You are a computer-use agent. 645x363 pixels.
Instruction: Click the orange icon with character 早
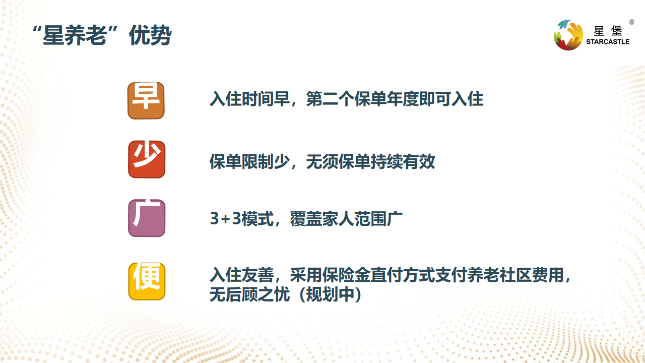[x=146, y=100]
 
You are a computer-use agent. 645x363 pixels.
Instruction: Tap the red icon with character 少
[x=147, y=159]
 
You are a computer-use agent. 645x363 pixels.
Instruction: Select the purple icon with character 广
[x=147, y=218]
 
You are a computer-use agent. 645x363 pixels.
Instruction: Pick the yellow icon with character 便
[x=147, y=281]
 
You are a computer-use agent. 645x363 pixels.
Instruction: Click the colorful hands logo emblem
[x=568, y=35]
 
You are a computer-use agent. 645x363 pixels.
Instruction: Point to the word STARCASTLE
[x=608, y=42]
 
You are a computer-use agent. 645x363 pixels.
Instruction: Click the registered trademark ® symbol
[x=631, y=22]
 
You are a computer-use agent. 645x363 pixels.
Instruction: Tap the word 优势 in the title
[x=150, y=35]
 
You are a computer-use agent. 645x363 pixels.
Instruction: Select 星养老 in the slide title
[x=75, y=35]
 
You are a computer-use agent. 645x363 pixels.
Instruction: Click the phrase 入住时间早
[x=249, y=99]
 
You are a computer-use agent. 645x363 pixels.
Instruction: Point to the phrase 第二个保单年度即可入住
[x=395, y=99]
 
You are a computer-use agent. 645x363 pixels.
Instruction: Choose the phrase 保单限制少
[x=249, y=162]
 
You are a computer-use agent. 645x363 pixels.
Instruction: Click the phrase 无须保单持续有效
[x=370, y=162]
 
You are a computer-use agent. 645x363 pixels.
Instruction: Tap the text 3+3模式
[x=242, y=219]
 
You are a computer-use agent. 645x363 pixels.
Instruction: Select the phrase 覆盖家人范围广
[x=346, y=219]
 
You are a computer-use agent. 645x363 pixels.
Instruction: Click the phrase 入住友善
[x=242, y=275]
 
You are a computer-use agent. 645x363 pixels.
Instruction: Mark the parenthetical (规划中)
[x=330, y=294]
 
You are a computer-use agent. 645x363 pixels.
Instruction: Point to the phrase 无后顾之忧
[x=249, y=294]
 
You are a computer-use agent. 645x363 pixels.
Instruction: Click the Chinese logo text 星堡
[x=608, y=31]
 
